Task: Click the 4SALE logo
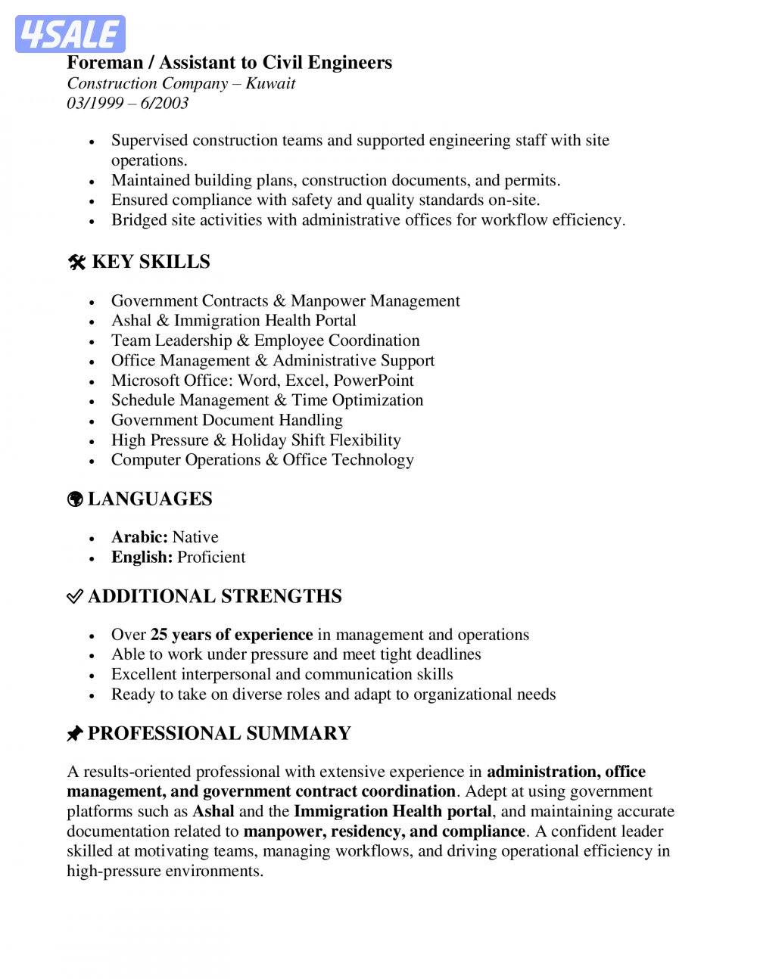coord(70,34)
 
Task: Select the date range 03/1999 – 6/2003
coord(127,103)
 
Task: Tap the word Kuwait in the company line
coord(270,83)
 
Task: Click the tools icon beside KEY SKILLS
coord(76,263)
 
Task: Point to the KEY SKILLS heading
coord(151,262)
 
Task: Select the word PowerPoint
coord(373,381)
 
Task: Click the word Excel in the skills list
coord(305,381)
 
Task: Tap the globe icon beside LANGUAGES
coord(75,499)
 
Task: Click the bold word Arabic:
coord(139,537)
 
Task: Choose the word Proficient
coord(211,558)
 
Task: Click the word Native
coord(195,537)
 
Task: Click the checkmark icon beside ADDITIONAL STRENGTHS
coord(74,597)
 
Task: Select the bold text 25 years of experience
coord(232,635)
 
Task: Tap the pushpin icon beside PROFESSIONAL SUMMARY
coord(74,734)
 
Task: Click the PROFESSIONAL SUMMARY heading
coord(220,734)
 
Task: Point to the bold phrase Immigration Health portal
coord(393,812)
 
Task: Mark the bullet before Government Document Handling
coord(92,421)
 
